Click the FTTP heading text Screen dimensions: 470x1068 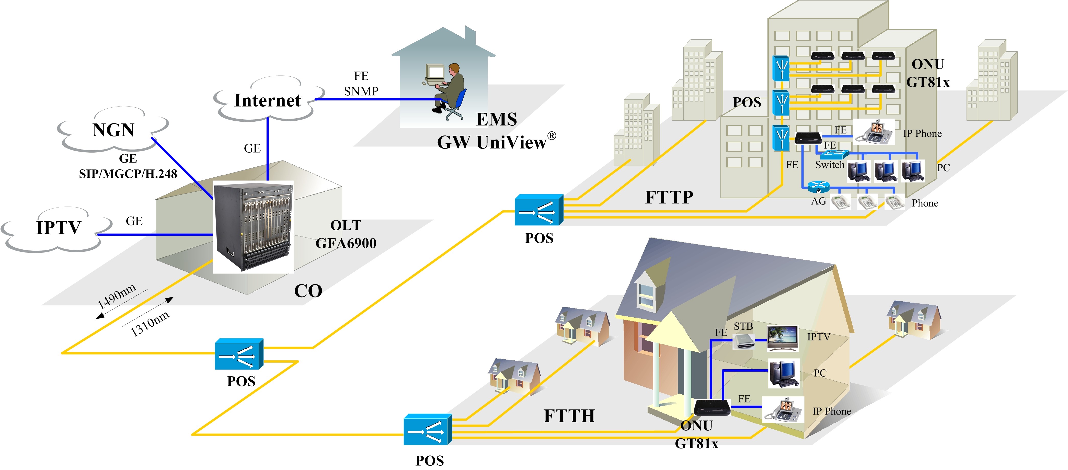(669, 197)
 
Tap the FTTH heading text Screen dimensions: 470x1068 (569, 416)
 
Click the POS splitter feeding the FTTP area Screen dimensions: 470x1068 (539, 210)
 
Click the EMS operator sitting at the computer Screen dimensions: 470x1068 (450, 89)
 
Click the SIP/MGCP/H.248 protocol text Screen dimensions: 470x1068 (128, 174)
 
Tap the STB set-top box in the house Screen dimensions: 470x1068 (743, 341)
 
